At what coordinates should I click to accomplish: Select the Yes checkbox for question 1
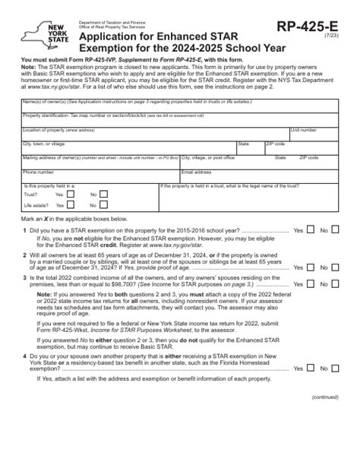click(x=309, y=229)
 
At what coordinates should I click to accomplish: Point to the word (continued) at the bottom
click(x=327, y=439)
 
